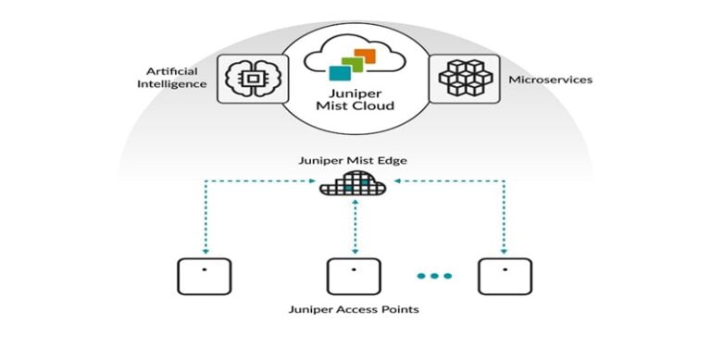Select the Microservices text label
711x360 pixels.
(x=550, y=80)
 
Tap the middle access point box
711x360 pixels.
(x=355, y=277)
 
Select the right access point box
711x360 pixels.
(x=505, y=277)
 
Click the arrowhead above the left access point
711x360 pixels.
(x=205, y=249)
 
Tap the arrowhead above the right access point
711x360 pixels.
(x=505, y=249)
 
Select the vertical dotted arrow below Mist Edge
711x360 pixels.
(x=355, y=228)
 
